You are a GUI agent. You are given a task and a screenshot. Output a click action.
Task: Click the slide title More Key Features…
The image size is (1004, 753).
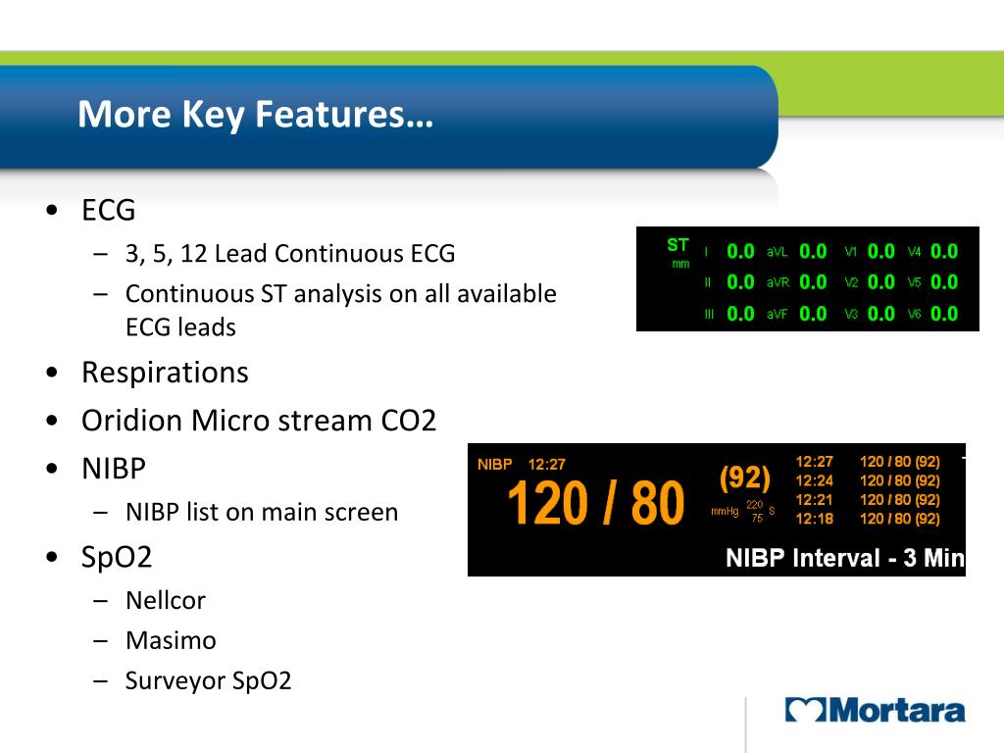pos(255,115)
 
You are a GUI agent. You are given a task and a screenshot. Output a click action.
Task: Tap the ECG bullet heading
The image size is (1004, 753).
pos(108,210)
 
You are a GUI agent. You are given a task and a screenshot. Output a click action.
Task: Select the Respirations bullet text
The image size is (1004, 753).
pos(165,373)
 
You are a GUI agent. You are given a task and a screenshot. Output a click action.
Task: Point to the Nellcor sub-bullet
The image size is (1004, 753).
pos(165,600)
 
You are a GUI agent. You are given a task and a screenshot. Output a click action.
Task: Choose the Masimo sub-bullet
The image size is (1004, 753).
pos(171,640)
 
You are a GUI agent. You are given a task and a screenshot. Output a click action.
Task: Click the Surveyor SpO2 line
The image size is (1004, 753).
pos(208,680)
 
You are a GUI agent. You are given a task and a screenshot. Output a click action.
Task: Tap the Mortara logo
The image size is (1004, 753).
pos(875,711)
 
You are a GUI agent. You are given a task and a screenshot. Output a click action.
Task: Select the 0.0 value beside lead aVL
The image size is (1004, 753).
pos(813,251)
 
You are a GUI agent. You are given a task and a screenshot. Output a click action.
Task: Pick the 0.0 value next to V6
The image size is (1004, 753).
pos(944,314)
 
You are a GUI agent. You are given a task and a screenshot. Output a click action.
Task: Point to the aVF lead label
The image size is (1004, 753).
pos(777,315)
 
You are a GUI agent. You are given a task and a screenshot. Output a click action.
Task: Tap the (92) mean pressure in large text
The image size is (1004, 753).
pos(745,478)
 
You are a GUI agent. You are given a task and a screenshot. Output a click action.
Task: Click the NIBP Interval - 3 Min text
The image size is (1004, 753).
pos(844,559)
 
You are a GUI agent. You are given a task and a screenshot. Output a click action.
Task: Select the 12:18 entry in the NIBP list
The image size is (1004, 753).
pos(814,519)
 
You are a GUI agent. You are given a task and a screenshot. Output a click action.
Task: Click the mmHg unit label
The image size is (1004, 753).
pos(725,511)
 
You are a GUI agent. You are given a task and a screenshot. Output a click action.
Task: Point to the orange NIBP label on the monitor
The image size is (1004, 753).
pos(495,465)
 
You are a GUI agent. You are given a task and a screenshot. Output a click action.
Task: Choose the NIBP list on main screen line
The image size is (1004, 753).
pos(262,512)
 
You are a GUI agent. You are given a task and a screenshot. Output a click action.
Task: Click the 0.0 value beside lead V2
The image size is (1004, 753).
pos(881,282)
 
